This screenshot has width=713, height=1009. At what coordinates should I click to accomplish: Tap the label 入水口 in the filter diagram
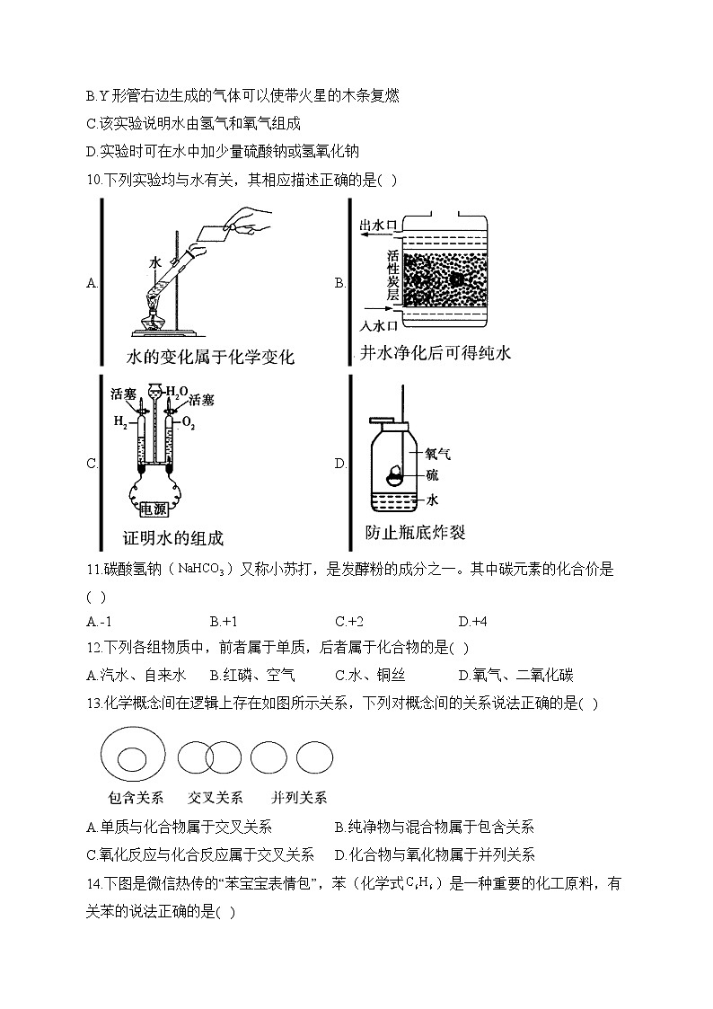coord(378,326)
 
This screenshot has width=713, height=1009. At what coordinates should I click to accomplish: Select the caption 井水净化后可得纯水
coord(435,353)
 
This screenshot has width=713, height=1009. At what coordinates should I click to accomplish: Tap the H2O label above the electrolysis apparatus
coord(176,392)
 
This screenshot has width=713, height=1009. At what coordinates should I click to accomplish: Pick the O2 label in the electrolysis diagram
coord(189,420)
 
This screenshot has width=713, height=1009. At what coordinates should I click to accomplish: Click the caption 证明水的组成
coord(172,538)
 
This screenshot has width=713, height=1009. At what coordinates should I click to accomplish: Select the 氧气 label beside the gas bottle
coord(437,454)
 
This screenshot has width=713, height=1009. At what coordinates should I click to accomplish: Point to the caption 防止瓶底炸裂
coord(415,532)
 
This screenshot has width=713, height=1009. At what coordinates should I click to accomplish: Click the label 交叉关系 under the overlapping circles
coord(216,797)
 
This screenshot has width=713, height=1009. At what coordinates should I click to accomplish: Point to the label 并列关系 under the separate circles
coord(299,797)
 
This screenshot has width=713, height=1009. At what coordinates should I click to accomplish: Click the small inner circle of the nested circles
coord(133,759)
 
